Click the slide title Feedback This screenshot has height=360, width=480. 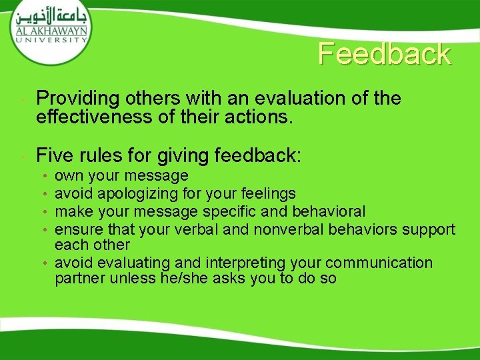tap(384, 54)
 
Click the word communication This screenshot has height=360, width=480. tap(379, 263)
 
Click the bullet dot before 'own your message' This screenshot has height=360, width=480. tap(43, 177)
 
